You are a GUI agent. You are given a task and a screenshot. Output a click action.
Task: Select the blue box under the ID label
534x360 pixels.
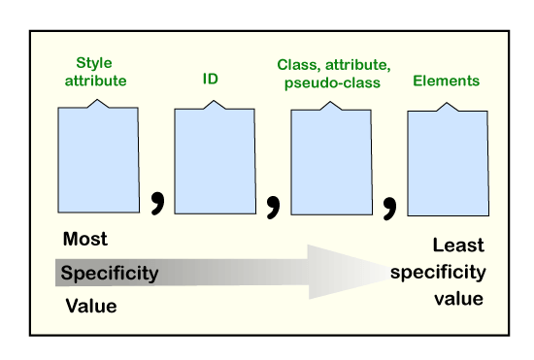214,160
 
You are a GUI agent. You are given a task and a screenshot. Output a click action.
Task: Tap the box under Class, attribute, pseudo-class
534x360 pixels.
331,160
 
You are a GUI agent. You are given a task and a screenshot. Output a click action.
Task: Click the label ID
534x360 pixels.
210,78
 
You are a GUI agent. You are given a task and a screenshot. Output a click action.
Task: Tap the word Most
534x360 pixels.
85,239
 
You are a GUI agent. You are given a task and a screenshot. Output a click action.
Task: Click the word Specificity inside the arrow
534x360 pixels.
109,273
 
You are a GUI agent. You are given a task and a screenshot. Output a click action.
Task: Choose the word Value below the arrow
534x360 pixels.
91,307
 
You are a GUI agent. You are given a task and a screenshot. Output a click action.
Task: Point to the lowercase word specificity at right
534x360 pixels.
437,273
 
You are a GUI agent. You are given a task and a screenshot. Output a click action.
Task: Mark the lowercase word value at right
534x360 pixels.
458,299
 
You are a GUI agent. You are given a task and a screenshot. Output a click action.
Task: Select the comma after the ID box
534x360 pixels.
274,205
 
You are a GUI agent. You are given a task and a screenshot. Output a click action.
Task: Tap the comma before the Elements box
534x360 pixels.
390,205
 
